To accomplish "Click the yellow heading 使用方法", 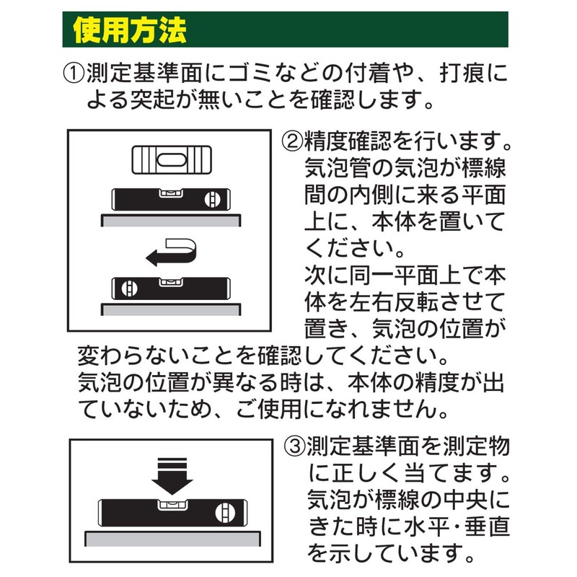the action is click(130, 30).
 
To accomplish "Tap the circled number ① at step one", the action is click(74, 74).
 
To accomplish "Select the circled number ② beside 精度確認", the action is click(292, 141).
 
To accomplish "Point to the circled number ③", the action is click(295, 446).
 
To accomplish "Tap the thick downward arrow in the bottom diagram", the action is click(172, 476).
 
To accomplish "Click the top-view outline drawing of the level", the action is click(172, 160).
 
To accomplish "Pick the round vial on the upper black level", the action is click(212, 199).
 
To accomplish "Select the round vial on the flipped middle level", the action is click(130, 288).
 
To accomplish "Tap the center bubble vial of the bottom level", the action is click(172, 504).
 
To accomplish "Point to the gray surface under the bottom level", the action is click(172, 539).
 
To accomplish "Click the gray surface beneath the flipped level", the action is click(171, 309).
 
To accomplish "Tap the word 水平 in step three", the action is click(426, 527).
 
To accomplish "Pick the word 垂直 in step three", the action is click(488, 527).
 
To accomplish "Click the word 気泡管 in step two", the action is click(338, 168).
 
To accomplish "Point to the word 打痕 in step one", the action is click(462, 74).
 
